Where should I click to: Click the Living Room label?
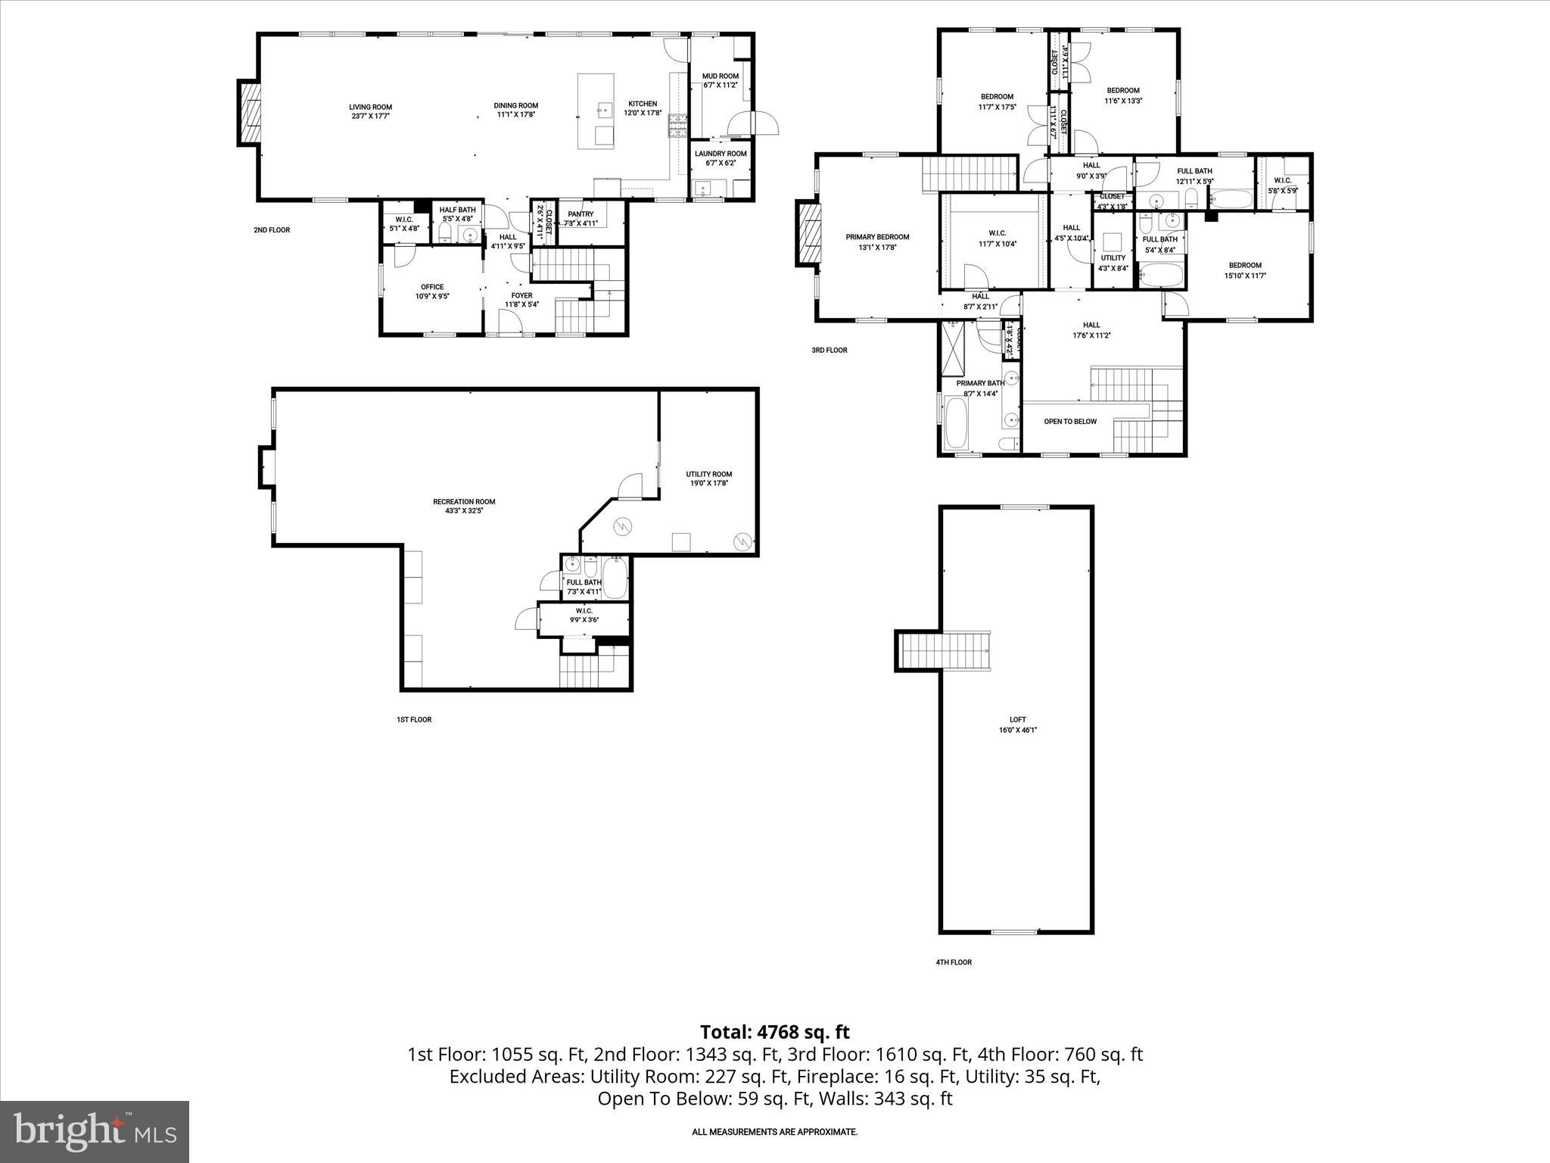[370, 107]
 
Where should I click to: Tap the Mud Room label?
[720, 76]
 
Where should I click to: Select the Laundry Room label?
[721, 154]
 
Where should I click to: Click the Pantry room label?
[580, 214]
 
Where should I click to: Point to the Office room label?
[432, 287]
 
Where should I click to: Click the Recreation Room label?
[464, 501]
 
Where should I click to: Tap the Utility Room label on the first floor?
[708, 474]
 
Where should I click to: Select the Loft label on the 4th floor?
[1017, 720]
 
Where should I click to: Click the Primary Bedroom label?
[877, 237]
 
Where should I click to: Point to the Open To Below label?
[1069, 422]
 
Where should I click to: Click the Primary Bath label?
[979, 383]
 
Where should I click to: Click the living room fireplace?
[249, 112]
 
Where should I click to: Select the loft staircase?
[946, 651]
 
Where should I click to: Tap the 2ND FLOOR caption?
[272, 230]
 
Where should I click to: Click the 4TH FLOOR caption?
[953, 962]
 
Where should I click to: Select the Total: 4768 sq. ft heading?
[774, 1032]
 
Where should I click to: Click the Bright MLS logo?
[95, 1131]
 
